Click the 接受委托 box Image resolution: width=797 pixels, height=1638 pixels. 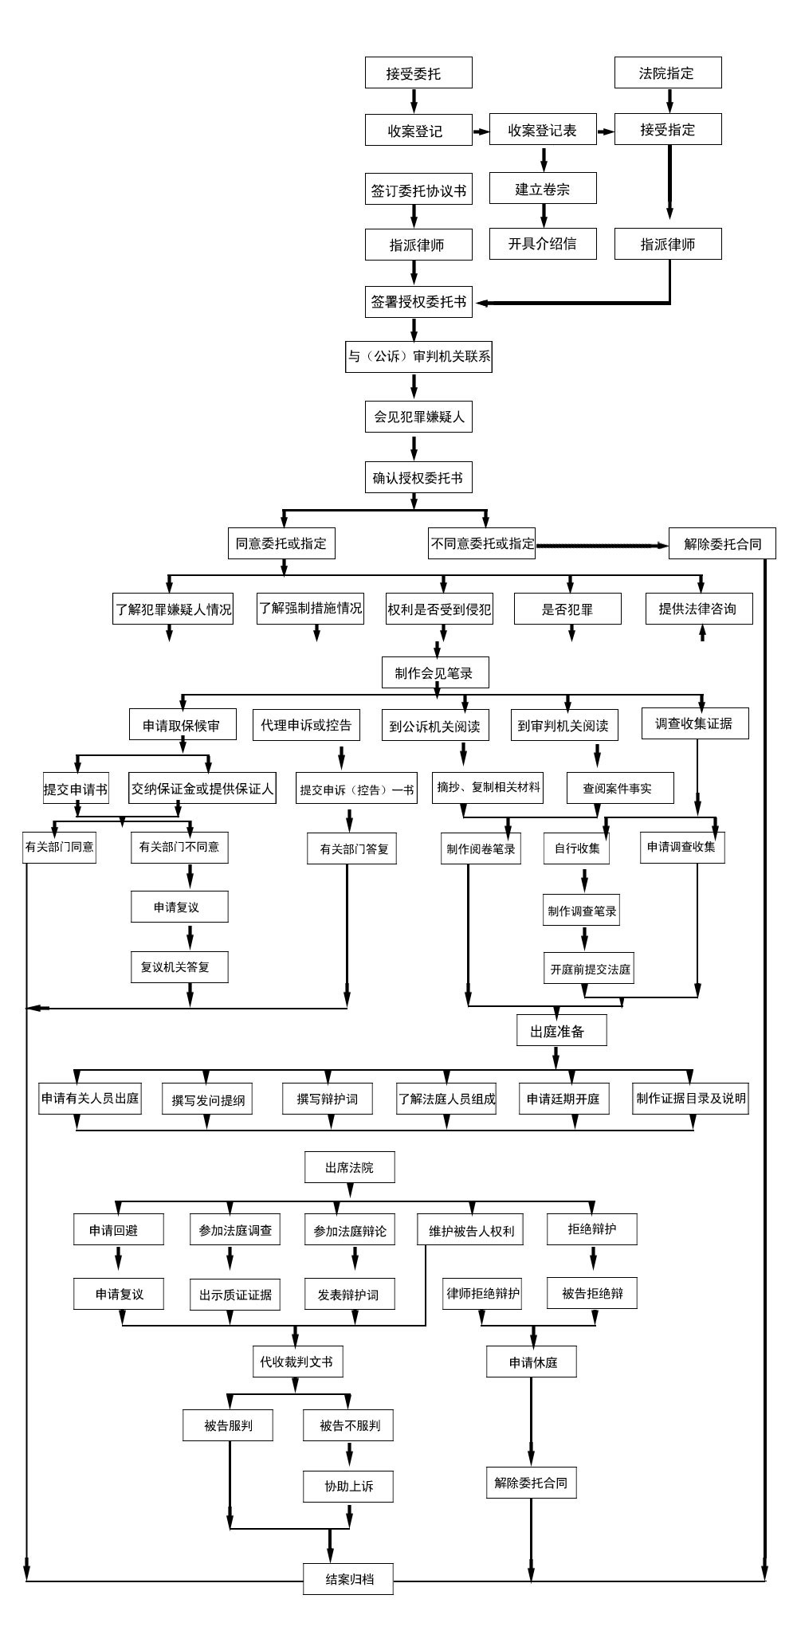(418, 72)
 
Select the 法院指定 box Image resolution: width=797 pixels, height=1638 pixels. (668, 72)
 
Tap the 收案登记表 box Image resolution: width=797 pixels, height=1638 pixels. (543, 129)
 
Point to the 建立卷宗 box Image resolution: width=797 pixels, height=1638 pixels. (543, 189)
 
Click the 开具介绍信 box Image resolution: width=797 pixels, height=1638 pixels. (543, 244)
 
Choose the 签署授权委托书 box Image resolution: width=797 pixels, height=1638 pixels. (418, 302)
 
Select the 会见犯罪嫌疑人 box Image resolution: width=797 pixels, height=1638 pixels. (418, 416)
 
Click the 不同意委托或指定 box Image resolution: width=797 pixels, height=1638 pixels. (482, 543)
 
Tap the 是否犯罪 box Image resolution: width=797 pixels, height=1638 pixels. (567, 609)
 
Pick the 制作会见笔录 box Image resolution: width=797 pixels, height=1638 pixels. (434, 672)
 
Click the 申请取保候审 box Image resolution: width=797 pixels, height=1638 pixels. (183, 725)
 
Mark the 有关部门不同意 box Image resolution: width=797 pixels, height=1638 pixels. (179, 847)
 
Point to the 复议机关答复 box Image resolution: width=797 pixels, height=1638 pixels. (179, 966)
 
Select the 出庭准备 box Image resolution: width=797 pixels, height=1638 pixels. (561, 1030)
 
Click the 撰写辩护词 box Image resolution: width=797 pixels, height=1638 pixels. (328, 1099)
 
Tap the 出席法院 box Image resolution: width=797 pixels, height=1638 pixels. (349, 1167)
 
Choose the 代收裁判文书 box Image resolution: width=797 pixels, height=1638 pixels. (296, 1362)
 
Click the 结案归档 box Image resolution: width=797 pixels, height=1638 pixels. (348, 1578)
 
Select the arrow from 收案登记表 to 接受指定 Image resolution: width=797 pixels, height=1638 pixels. (605, 131)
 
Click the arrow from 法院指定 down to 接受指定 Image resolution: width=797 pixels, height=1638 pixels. (669, 100)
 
